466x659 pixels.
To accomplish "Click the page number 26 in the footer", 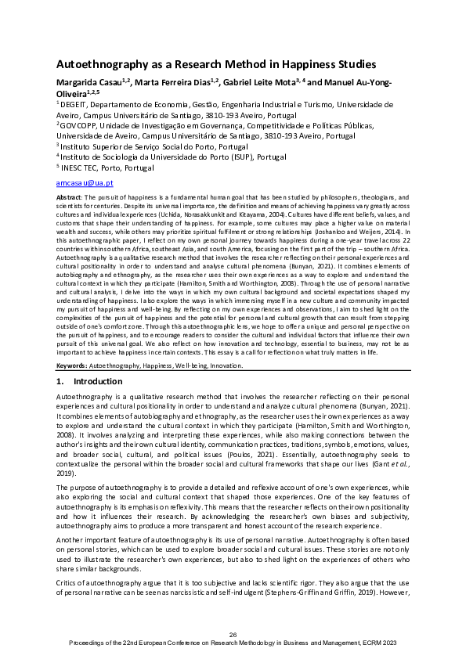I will (x=233, y=633).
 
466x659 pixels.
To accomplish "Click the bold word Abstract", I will (x=69, y=199).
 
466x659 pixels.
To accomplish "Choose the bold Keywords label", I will (x=74, y=365).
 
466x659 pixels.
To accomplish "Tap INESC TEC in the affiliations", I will (x=81, y=167).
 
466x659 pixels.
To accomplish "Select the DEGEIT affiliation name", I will (x=75, y=103).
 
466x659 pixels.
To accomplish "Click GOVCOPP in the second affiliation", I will (x=81, y=124).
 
